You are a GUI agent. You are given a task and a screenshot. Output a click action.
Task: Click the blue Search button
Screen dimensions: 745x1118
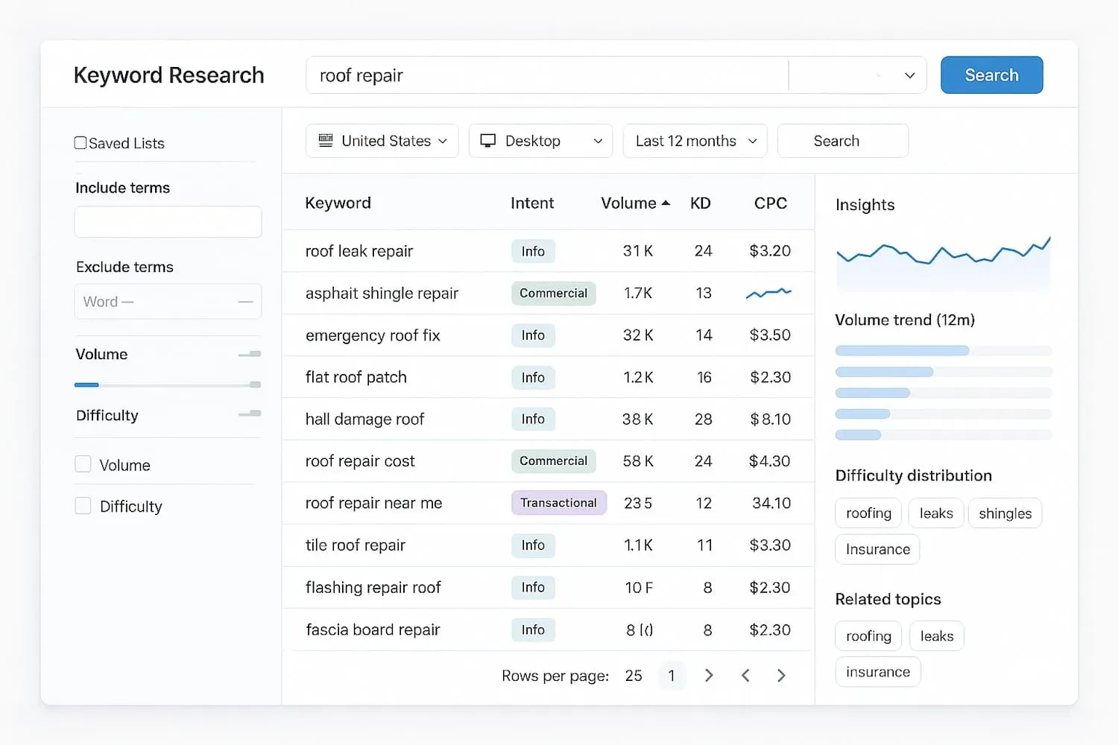pyautogui.click(x=991, y=75)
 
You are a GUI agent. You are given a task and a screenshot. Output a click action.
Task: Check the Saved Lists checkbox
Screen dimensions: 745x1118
pyautogui.click(x=80, y=143)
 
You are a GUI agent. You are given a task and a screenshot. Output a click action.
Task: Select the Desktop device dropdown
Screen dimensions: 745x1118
pyautogui.click(x=540, y=141)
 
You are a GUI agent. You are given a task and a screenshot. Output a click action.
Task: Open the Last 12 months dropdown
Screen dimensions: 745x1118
pyautogui.click(x=695, y=141)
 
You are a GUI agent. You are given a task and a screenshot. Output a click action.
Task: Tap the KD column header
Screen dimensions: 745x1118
pyautogui.click(x=701, y=203)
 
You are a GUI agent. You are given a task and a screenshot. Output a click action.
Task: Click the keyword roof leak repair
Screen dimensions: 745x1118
pyautogui.click(x=359, y=251)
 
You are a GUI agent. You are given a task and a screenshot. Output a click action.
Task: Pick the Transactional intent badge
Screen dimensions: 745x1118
pyautogui.click(x=558, y=503)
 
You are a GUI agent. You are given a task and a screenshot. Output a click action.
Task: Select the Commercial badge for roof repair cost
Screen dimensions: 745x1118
pyautogui.click(x=553, y=461)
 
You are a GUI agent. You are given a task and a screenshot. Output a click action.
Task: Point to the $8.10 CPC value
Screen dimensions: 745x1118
pyautogui.click(x=771, y=419)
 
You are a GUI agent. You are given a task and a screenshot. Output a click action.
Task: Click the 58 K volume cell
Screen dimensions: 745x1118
pyautogui.click(x=638, y=461)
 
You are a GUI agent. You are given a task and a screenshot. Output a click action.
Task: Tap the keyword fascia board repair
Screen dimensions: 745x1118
pyautogui.click(x=373, y=630)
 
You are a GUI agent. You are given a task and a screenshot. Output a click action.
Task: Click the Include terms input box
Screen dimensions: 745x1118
pyautogui.click(x=168, y=222)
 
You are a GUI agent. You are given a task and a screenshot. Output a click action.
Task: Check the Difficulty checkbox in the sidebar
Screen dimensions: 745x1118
pyautogui.click(x=83, y=507)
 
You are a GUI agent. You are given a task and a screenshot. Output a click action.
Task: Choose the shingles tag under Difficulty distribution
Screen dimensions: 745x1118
pyautogui.click(x=1005, y=513)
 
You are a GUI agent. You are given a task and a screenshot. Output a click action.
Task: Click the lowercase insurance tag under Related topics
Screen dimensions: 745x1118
pyautogui.click(x=877, y=672)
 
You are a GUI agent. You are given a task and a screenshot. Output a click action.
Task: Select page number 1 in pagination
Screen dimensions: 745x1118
pyautogui.click(x=672, y=676)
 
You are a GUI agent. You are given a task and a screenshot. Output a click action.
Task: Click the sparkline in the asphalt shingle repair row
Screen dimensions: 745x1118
pyautogui.click(x=768, y=294)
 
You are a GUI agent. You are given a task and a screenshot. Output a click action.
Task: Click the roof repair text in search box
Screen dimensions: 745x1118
pyautogui.click(x=361, y=76)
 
